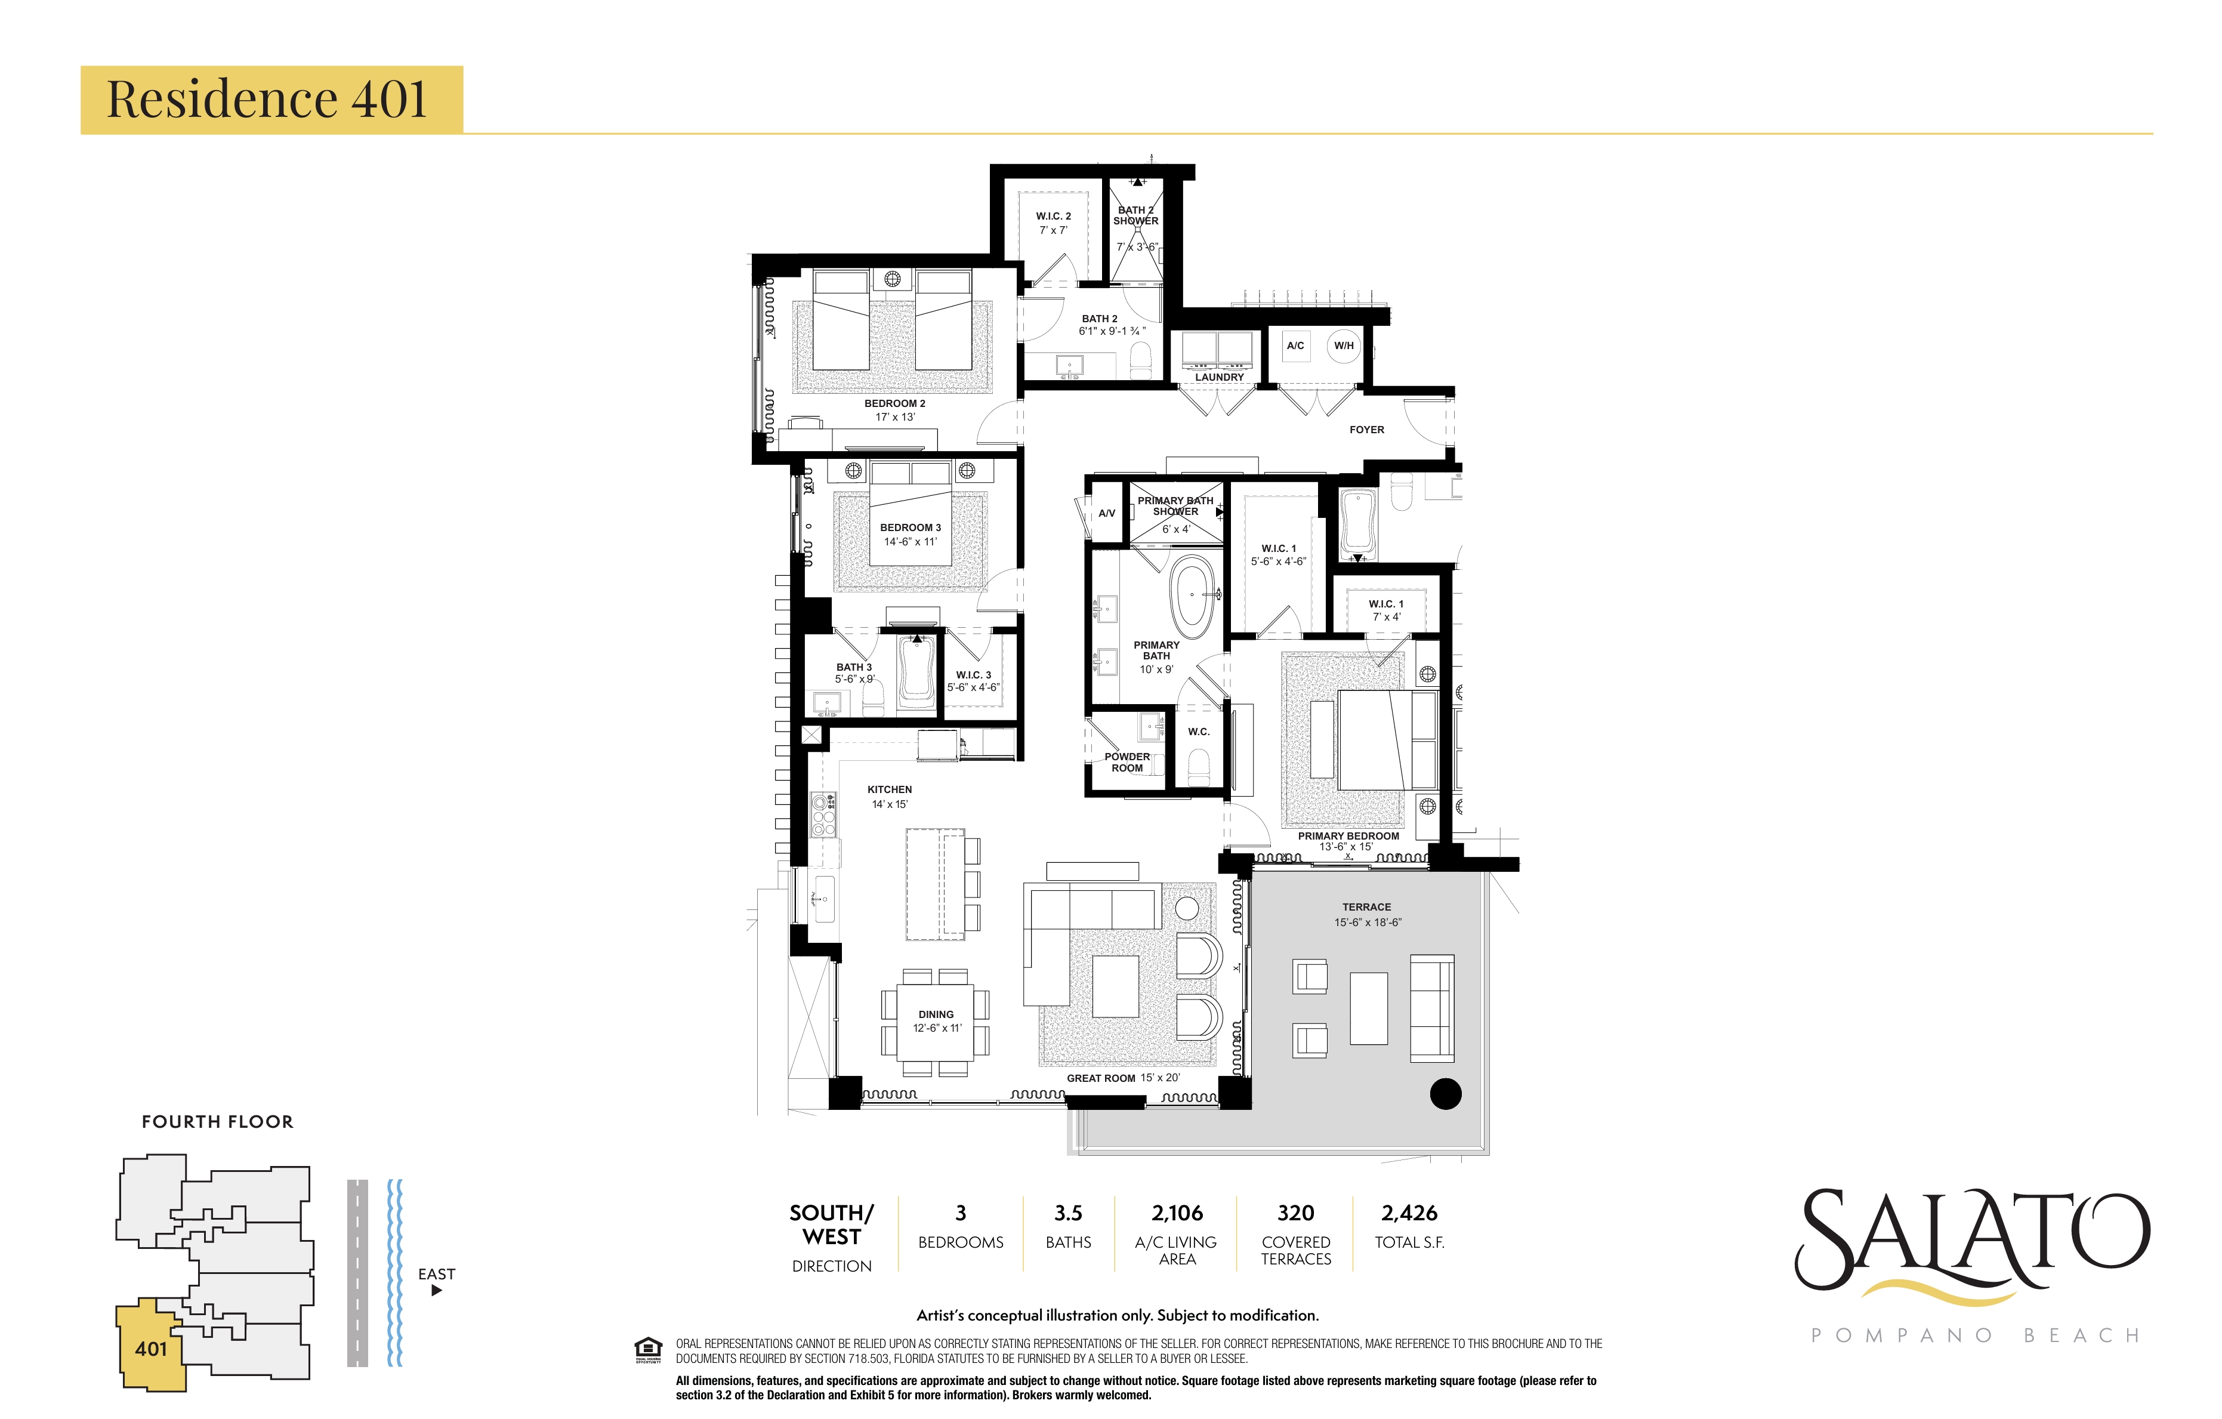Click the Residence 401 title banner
[x=271, y=100]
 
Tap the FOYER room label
[x=1366, y=430]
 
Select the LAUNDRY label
[x=1219, y=377]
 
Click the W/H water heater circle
[x=1344, y=346]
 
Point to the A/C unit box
[x=1295, y=346]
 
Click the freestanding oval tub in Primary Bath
[x=1192, y=597]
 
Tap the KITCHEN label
[x=890, y=790]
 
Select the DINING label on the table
[x=936, y=1014]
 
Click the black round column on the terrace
[x=1445, y=1094]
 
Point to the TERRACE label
[x=1366, y=908]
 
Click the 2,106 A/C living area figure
[x=1177, y=1213]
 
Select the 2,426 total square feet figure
[x=1409, y=1213]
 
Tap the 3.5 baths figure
[x=1069, y=1213]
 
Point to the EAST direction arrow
[x=437, y=1291]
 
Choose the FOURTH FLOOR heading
[x=218, y=1122]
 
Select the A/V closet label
[x=1106, y=513]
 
